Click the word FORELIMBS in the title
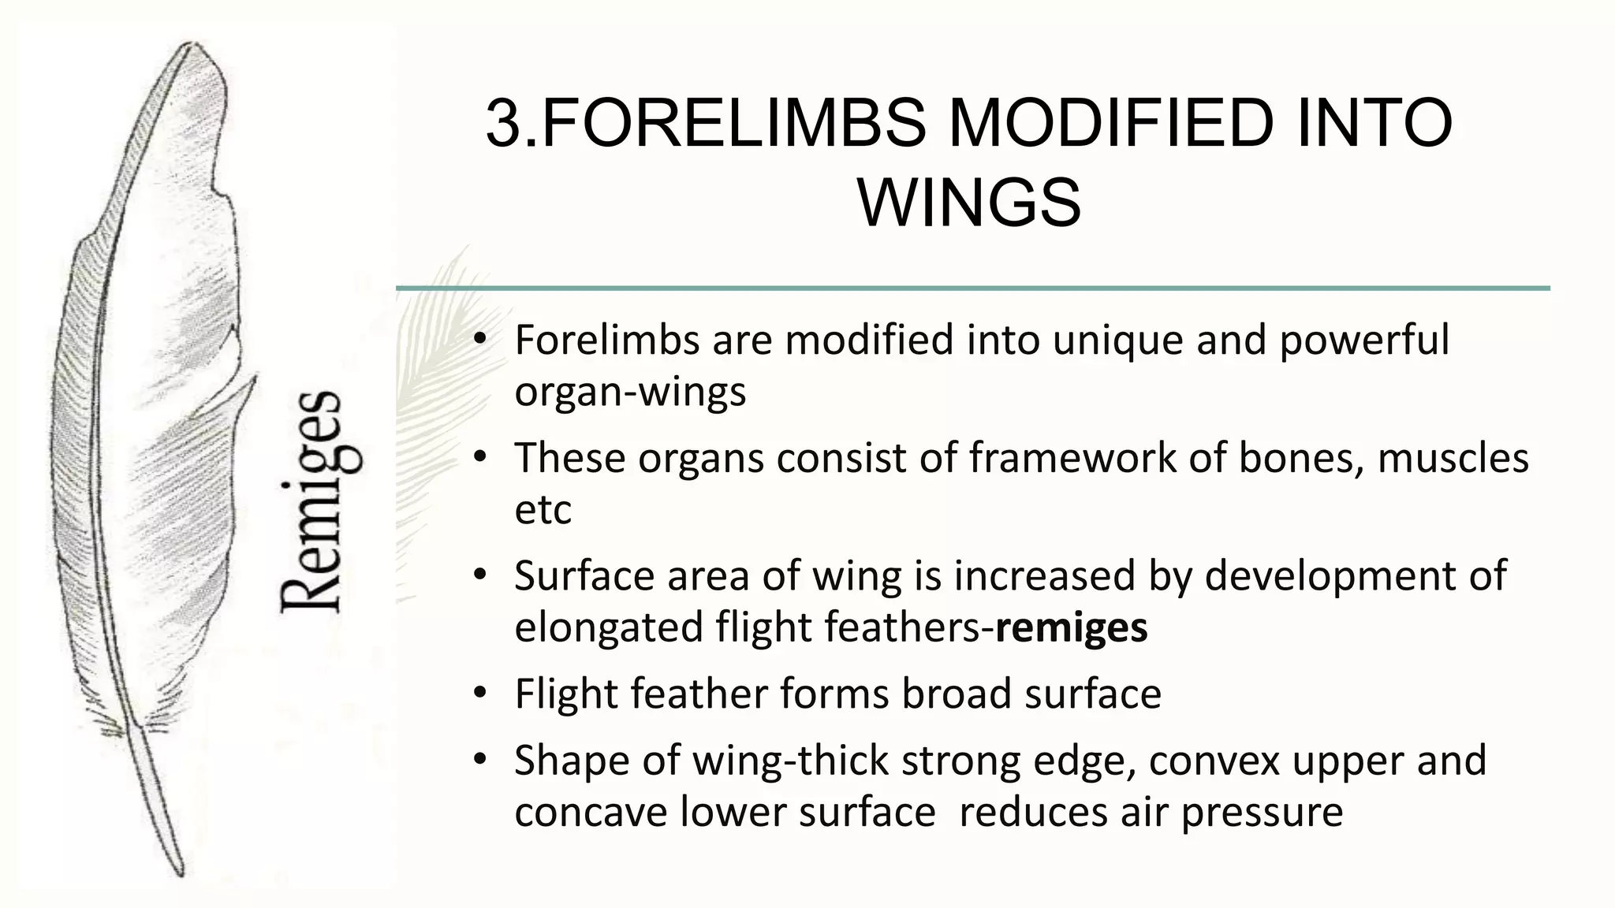tap(733, 124)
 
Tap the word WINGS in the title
tap(969, 203)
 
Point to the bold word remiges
tap(1071, 628)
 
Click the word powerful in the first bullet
tap(1364, 340)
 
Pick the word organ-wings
tap(630, 393)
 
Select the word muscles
tap(1453, 458)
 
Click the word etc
tap(543, 510)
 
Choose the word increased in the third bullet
tap(1044, 576)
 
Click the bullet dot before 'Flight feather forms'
tap(480, 694)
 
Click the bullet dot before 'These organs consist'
tap(480, 458)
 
